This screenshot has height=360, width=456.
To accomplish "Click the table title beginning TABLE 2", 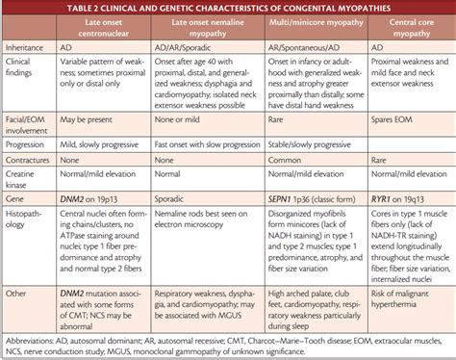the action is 228,9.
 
